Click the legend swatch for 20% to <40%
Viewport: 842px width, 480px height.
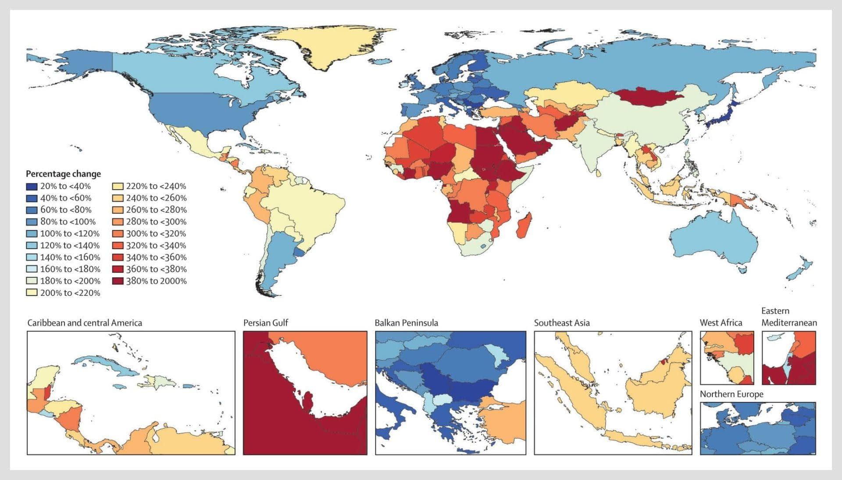[32, 186]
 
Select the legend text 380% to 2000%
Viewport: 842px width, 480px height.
[156, 281]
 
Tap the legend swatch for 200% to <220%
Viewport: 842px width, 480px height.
[32, 293]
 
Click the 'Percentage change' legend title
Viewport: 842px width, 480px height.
[63, 174]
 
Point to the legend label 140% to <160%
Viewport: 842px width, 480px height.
[70, 258]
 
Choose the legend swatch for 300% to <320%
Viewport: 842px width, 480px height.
[118, 234]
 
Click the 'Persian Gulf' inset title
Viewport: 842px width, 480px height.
[266, 323]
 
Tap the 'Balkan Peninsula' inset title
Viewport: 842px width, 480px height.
[406, 323]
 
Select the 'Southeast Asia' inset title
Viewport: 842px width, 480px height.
[562, 323]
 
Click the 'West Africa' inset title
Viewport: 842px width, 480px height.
[721, 323]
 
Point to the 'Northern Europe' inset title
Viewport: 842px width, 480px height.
[731, 394]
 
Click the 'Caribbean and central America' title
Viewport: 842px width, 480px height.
[85, 323]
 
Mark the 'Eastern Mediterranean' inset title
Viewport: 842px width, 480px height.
[789, 317]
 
